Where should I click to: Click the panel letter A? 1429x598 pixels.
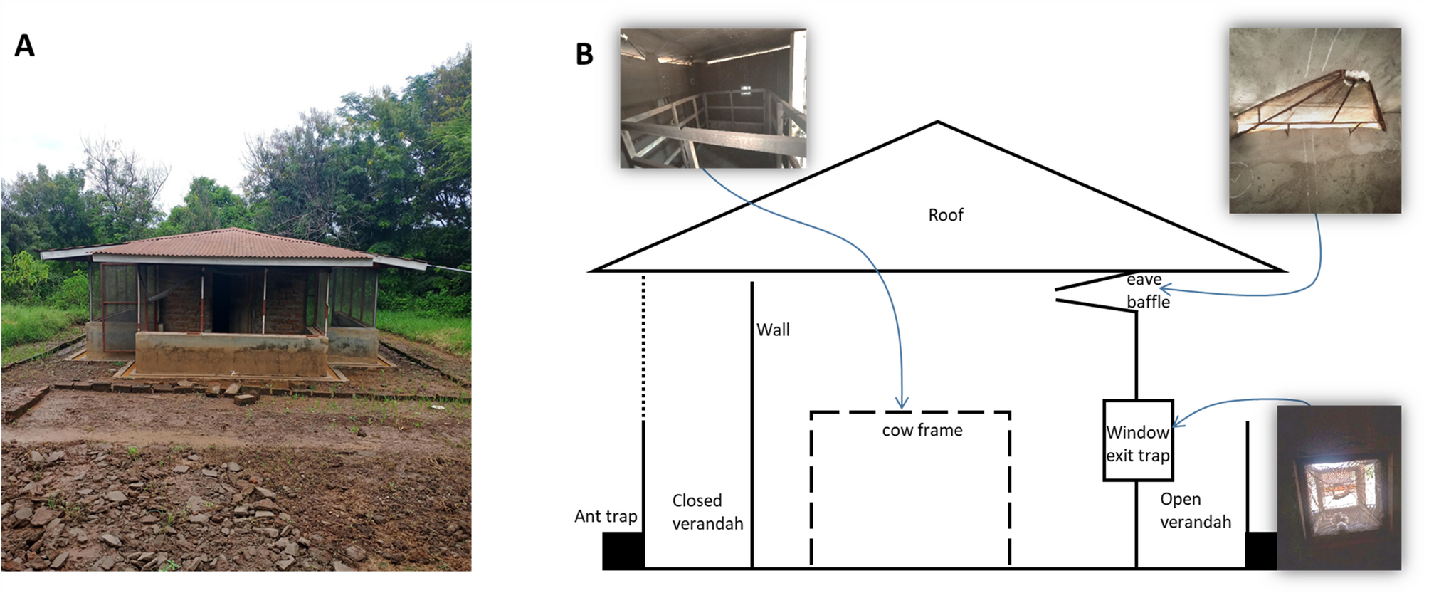click(24, 46)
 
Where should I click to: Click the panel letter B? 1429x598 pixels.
click(584, 54)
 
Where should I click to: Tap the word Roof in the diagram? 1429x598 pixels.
click(945, 215)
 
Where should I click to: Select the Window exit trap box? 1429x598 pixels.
click(1137, 441)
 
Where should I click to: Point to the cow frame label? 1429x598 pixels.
click(922, 430)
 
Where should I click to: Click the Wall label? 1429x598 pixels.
click(773, 330)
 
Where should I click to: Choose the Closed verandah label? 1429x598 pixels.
click(707, 512)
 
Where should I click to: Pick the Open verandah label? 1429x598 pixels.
click(1195, 510)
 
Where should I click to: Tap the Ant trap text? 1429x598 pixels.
click(606, 516)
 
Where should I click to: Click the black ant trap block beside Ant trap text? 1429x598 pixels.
click(623, 550)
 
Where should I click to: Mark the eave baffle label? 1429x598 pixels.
click(1147, 290)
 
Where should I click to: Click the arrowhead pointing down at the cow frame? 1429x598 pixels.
click(902, 404)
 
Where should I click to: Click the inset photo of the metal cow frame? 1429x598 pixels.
click(713, 98)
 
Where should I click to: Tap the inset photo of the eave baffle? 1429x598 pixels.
click(1314, 120)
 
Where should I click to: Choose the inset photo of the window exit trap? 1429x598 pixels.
click(1339, 488)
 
